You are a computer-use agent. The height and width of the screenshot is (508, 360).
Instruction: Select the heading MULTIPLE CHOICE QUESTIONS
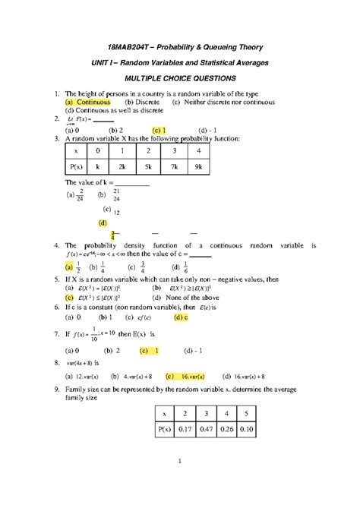pyautogui.click(x=180, y=78)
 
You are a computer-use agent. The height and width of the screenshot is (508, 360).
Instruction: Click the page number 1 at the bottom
pyautogui.click(x=180, y=482)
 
